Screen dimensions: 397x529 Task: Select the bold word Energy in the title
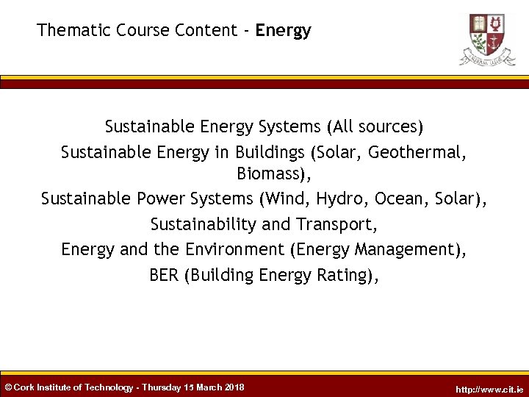[284, 31]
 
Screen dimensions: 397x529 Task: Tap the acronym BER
[164, 275]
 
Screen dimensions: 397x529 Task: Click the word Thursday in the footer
[163, 387]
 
